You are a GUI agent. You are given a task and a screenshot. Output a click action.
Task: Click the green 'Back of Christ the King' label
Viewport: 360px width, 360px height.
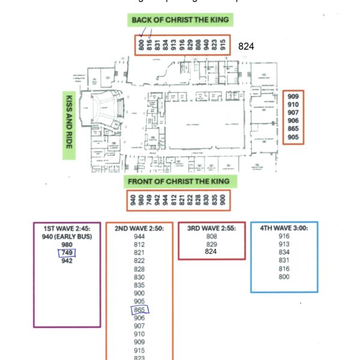(x=180, y=20)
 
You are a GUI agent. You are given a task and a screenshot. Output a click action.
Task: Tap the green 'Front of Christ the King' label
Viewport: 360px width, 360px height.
(x=181, y=182)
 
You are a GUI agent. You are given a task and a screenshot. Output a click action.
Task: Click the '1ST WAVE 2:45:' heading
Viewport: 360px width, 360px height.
(x=67, y=229)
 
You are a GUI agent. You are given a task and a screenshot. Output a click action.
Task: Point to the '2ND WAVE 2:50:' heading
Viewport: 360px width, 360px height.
(x=139, y=229)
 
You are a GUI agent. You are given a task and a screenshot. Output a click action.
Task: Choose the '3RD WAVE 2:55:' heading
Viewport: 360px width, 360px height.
(x=211, y=229)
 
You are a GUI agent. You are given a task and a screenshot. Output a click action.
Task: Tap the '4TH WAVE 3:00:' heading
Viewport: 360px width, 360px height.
(x=284, y=229)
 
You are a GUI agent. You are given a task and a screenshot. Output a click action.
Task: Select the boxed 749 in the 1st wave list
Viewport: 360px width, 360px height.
(x=67, y=253)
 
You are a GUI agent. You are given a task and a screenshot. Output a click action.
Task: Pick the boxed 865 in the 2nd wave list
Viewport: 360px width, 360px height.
(x=139, y=310)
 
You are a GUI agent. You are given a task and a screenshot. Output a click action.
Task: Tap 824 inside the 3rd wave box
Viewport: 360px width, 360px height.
(x=211, y=252)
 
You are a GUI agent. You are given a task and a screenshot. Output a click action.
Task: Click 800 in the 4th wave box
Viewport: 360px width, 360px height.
(x=284, y=277)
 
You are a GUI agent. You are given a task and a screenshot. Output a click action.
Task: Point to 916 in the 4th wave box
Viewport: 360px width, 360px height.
(x=284, y=236)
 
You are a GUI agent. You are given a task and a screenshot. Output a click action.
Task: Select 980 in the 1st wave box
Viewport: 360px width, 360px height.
(x=67, y=245)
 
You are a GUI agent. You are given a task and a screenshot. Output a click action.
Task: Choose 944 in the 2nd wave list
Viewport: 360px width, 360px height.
(x=139, y=236)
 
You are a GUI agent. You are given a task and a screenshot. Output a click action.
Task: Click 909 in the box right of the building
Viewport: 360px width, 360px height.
(x=293, y=97)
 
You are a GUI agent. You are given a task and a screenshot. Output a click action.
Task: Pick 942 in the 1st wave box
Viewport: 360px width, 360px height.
(x=67, y=261)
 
